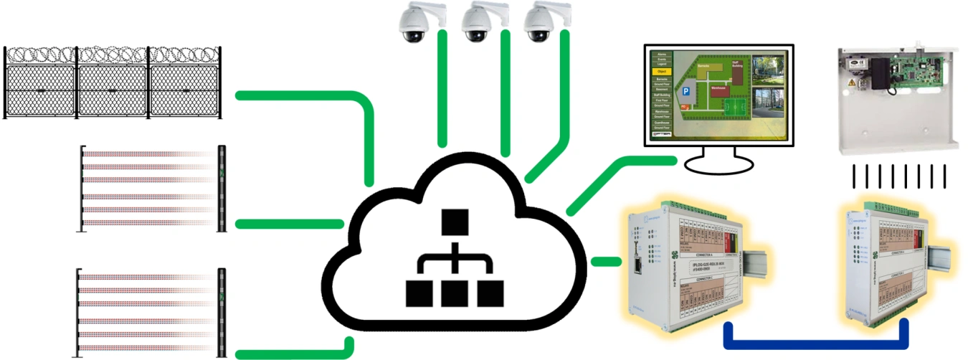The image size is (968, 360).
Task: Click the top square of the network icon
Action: tap(455, 222)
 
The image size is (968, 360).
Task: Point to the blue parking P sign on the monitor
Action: tap(687, 90)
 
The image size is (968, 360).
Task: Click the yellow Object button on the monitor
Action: tap(661, 72)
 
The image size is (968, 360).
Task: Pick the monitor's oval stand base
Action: tap(719, 164)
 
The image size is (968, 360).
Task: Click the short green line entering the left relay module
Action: tap(605, 261)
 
